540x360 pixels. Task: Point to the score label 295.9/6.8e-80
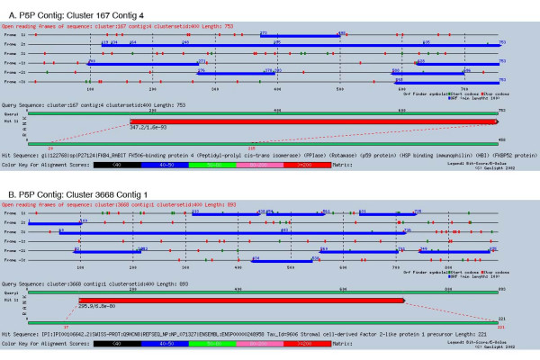[98, 308]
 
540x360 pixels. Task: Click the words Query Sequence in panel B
[24, 283]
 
